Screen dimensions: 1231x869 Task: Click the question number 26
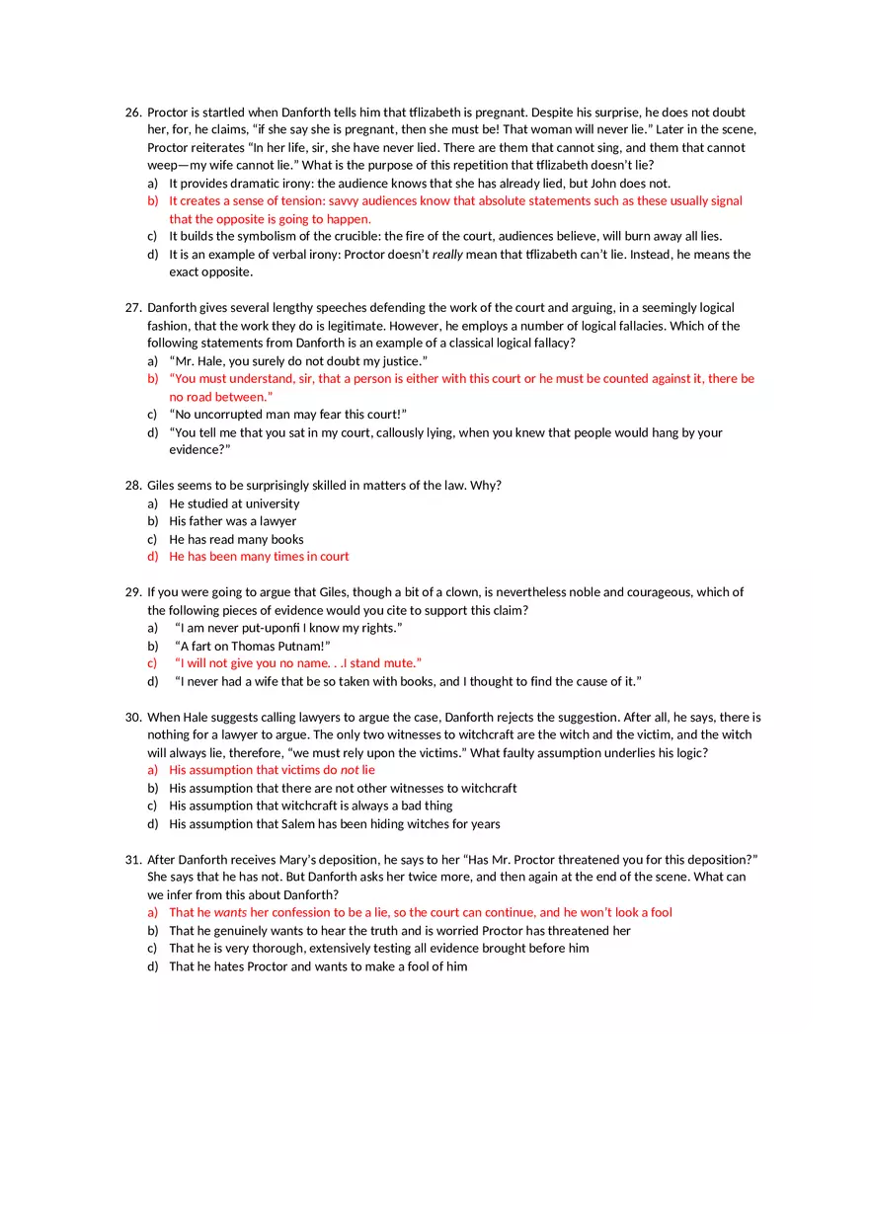133,113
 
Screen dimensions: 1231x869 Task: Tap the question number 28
133,486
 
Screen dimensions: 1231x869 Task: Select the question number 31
133,860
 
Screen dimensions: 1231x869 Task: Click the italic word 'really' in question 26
449,255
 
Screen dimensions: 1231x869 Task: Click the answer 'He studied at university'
234,503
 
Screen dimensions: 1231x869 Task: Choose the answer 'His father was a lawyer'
232,521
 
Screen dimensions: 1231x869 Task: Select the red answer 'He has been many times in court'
259,557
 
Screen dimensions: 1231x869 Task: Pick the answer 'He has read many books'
236,540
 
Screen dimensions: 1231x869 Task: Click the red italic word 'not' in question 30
349,770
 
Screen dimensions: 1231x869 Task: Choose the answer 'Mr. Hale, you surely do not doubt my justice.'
298,361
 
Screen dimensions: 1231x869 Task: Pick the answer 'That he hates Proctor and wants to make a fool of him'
318,967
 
